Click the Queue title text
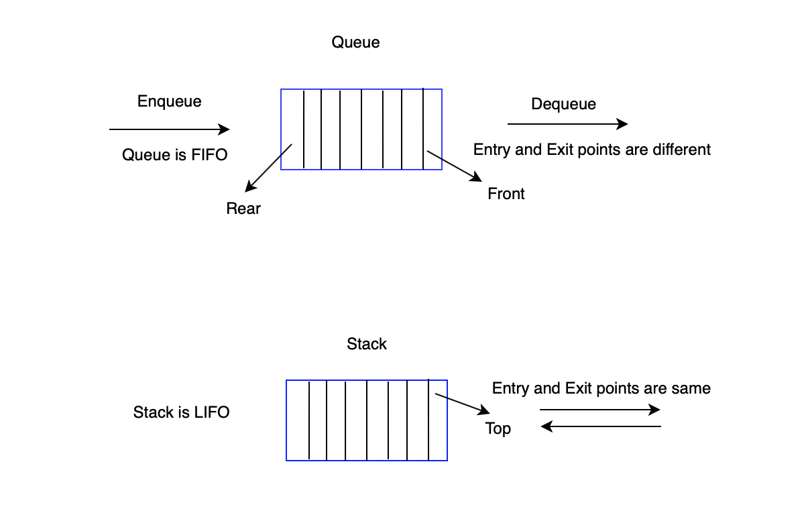(355, 42)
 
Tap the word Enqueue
(169, 101)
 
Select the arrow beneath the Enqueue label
(169, 129)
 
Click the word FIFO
(209, 155)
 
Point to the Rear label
(243, 209)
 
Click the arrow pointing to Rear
(268, 168)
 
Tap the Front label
(506, 194)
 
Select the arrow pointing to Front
(455, 166)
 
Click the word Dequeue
(563, 104)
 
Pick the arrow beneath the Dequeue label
(567, 124)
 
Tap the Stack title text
(366, 344)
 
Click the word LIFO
(211, 412)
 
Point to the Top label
(498, 428)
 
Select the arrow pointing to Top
(463, 404)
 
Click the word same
(693, 388)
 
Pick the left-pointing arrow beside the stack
(600, 426)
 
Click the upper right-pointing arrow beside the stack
(600, 410)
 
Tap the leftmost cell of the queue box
(292, 129)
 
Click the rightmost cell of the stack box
(438, 420)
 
